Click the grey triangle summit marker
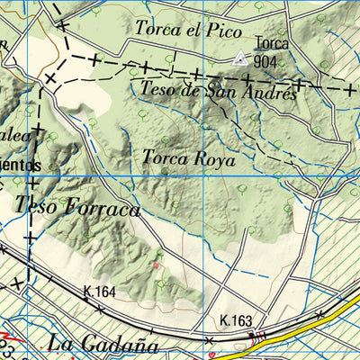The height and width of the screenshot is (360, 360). pos(239,59)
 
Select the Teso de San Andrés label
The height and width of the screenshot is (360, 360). pos(219,90)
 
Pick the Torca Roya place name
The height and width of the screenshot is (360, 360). pos(188,160)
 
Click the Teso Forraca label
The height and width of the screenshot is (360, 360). pos(77,207)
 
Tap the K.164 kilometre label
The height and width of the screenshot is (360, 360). pos(99,292)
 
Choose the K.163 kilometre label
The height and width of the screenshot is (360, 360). pos(237,319)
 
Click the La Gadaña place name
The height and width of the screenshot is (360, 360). pos(103,345)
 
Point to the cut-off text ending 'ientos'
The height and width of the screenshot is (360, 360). pos(22,166)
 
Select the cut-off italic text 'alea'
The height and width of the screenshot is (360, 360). pos(15,135)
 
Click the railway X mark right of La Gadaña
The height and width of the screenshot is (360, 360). pos(209,340)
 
